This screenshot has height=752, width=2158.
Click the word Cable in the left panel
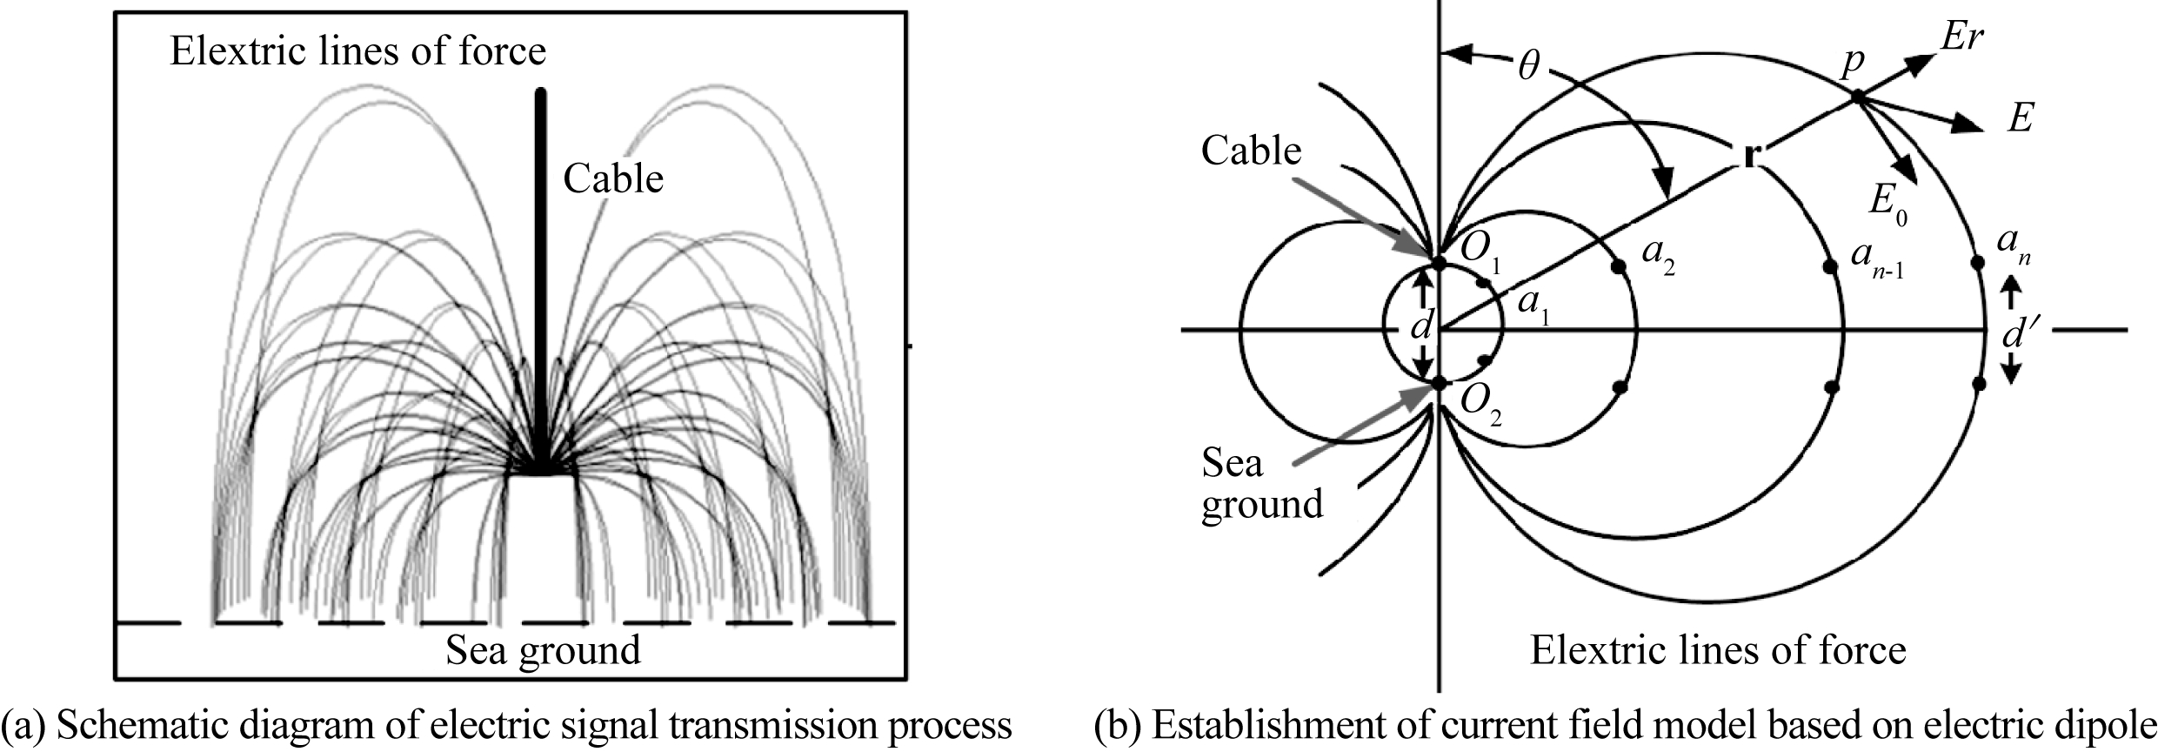point(613,179)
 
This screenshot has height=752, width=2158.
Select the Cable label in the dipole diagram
point(1251,151)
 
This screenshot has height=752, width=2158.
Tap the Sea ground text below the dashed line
point(543,650)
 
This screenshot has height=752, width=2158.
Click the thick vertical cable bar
point(541,279)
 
